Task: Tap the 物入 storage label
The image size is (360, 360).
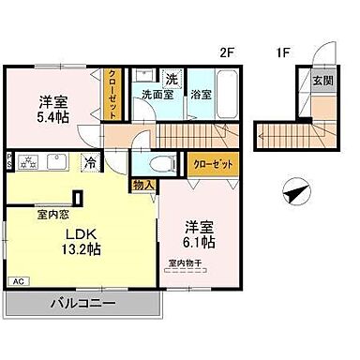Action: [x=142, y=186]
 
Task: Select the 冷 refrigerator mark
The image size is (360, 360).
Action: [x=89, y=160]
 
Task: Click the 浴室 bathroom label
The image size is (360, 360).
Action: [x=200, y=94]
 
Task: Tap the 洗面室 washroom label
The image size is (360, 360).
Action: [x=157, y=94]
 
